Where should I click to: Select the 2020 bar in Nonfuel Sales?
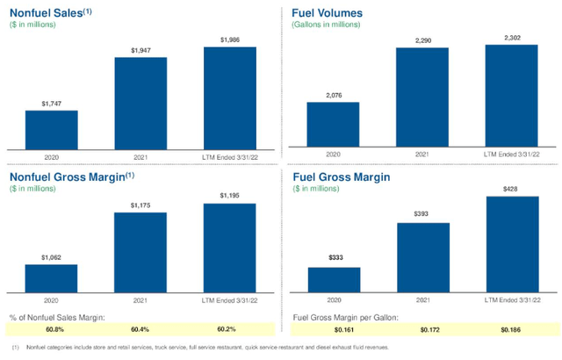pyautogui.click(x=51, y=129)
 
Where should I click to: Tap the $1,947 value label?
pyautogui.click(x=140, y=51)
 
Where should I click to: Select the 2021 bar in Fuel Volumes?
pyautogui.click(x=422, y=97)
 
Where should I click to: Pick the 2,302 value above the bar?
pyautogui.click(x=511, y=37)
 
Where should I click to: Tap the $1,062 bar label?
pyautogui.click(x=51, y=258)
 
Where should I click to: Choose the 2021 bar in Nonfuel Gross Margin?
pyautogui.click(x=140, y=251)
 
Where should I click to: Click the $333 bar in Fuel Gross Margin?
pyautogui.click(x=334, y=279)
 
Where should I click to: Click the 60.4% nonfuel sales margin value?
pyautogui.click(x=140, y=329)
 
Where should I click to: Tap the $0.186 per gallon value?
pyautogui.click(x=511, y=329)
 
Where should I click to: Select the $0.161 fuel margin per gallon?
pyautogui.click(x=334, y=329)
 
